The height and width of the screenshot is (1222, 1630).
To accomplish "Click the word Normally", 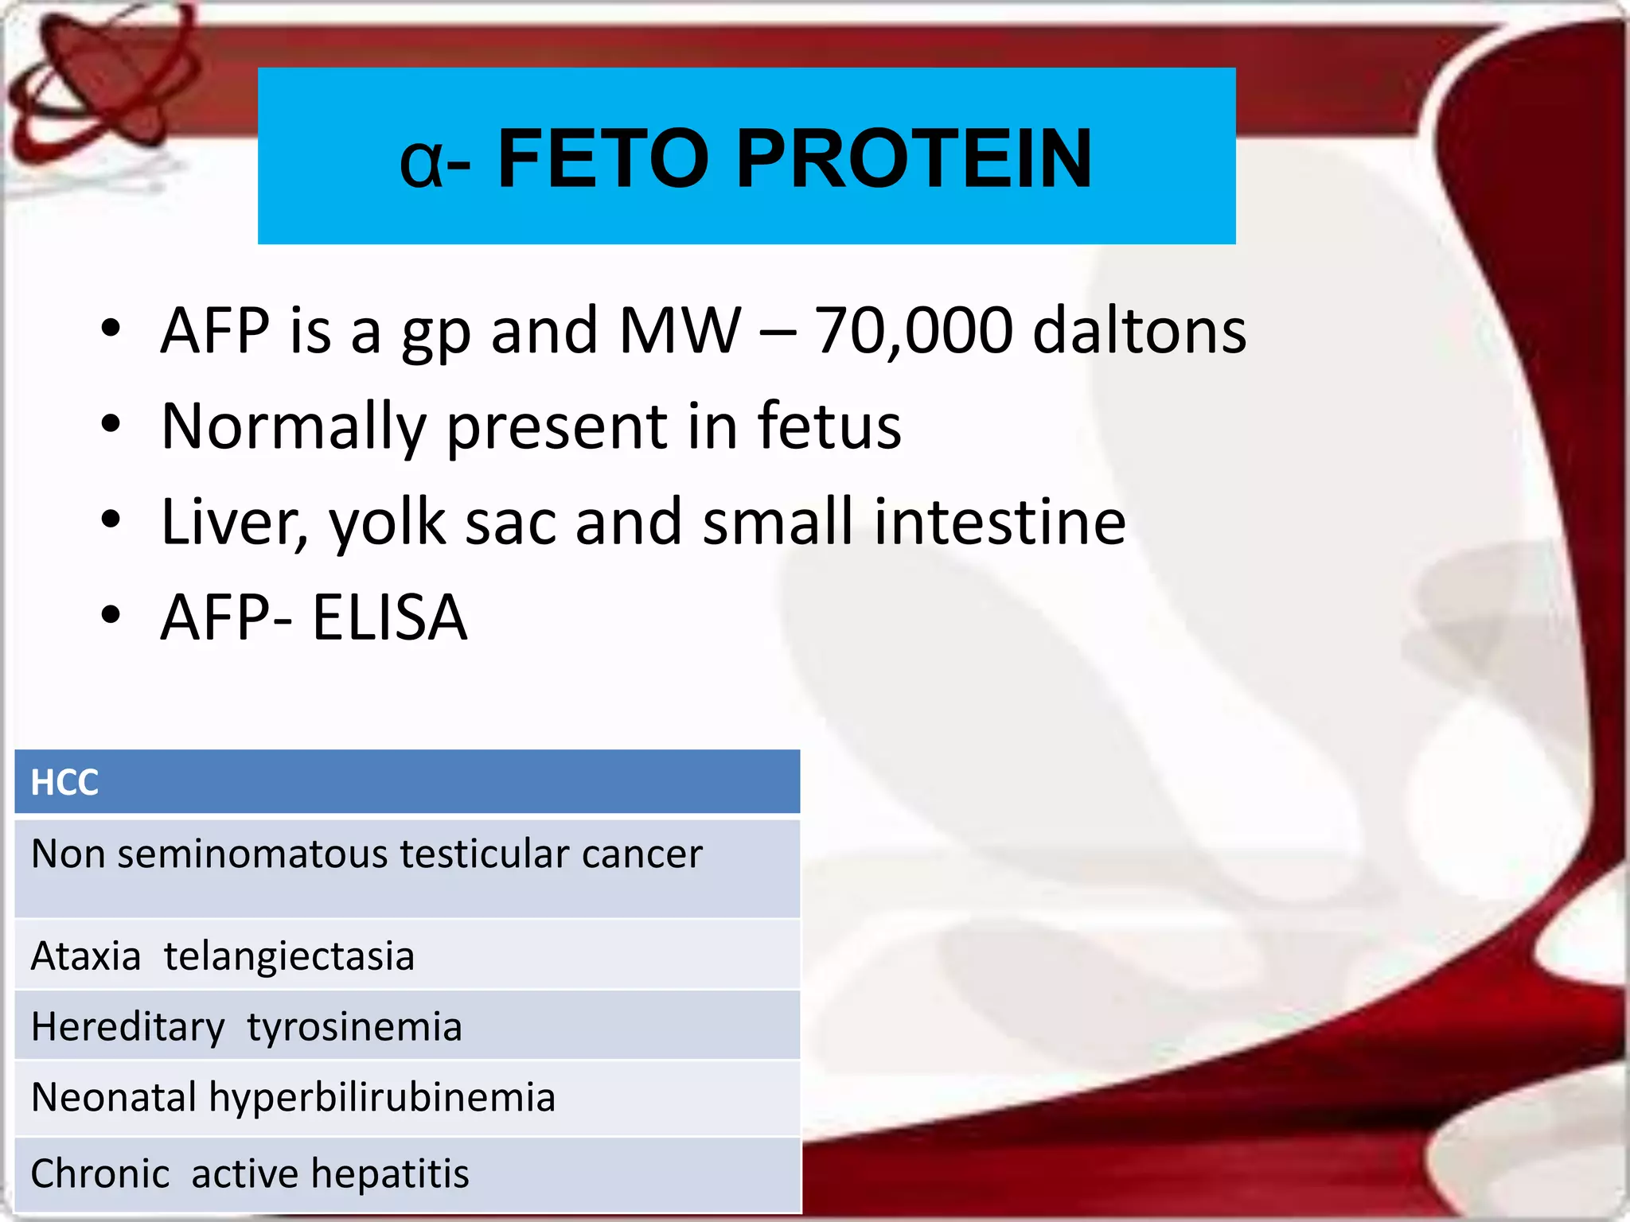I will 294,427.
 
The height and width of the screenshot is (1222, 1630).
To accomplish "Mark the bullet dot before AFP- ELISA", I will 111,614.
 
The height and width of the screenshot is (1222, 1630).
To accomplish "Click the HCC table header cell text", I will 64,783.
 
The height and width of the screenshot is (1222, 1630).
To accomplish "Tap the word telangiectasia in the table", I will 289,955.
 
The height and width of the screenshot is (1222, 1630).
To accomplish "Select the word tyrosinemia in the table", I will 354,1026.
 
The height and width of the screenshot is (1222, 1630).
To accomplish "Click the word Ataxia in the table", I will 86,955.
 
